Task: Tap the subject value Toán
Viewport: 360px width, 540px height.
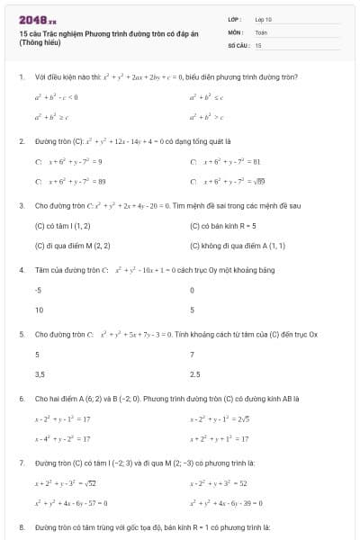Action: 261,31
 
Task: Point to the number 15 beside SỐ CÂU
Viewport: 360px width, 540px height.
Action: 258,44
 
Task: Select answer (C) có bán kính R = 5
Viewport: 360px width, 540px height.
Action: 223,226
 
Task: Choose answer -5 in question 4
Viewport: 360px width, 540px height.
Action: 38,291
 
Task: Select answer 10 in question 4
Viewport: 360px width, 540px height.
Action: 39,310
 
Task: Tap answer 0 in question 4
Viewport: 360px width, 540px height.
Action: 193,291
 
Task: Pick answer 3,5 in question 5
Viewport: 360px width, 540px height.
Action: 40,373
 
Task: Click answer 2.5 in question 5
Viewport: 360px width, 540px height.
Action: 195,373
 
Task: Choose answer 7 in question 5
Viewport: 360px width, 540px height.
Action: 193,355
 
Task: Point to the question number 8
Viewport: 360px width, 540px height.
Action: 22,526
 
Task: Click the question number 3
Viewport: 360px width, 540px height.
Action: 22,205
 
